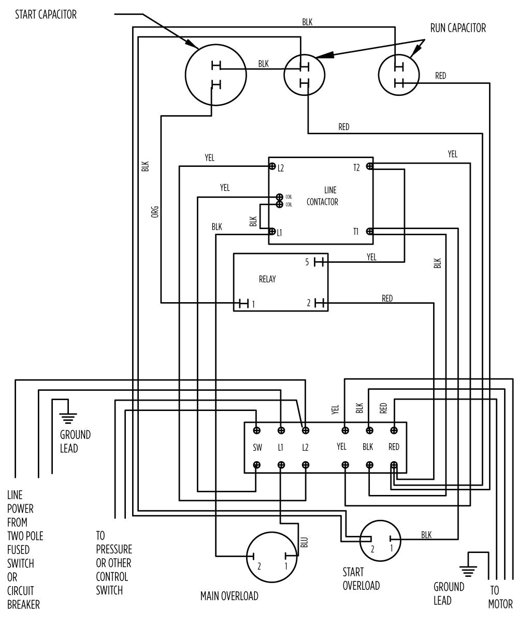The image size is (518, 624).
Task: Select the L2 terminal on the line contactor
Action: coord(271,166)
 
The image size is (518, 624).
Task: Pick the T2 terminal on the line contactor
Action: coord(369,166)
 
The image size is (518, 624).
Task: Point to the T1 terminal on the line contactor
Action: coord(369,232)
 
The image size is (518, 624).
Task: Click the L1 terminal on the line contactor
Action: coord(271,232)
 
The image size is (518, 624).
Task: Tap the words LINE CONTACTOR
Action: coord(322,197)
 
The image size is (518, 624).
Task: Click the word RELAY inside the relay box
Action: coord(267,279)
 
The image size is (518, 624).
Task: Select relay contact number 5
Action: coord(318,262)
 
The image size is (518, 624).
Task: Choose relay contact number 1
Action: coord(245,303)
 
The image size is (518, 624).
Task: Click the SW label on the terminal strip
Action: coord(257,447)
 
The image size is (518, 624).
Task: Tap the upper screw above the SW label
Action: coord(257,430)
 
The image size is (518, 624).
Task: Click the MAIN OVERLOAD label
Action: coord(229,596)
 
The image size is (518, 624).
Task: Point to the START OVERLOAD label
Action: coord(361,579)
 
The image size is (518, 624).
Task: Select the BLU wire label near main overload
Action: coord(304,542)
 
